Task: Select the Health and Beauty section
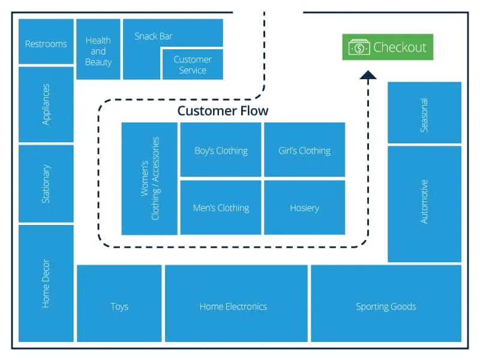tap(98, 50)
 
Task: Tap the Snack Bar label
tap(154, 36)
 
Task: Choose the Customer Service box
tap(193, 65)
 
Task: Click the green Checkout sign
tap(387, 47)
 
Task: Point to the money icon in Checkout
tap(359, 47)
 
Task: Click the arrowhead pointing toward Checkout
tap(368, 74)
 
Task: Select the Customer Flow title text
tap(223, 111)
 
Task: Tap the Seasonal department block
tap(424, 113)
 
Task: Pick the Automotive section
tap(424, 203)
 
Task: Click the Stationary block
tap(46, 184)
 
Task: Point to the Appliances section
tap(46, 104)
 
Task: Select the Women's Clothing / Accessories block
tap(149, 178)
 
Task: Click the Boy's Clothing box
tap(221, 150)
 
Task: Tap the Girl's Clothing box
tap(304, 150)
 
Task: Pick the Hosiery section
tap(304, 208)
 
